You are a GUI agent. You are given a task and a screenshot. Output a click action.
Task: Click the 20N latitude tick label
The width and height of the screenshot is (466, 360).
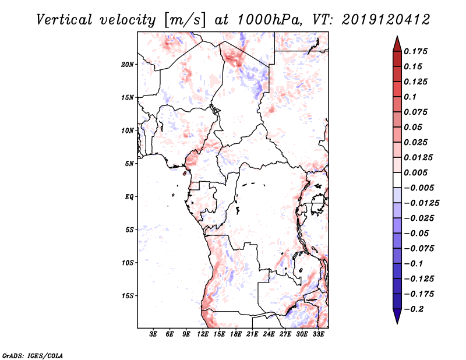128,64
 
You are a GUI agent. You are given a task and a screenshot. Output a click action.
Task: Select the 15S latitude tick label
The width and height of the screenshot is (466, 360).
128,295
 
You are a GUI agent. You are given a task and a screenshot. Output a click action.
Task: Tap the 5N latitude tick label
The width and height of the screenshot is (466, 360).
130,163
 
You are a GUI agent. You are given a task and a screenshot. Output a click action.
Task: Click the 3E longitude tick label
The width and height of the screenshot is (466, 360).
154,335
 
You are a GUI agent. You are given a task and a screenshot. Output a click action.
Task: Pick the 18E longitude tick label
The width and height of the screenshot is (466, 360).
236,335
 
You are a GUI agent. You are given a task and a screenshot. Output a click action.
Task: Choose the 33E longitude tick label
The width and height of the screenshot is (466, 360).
318,335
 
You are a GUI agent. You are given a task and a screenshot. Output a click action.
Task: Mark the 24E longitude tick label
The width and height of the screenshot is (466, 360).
269,335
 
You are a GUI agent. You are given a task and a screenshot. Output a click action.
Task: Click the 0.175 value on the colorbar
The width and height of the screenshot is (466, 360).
417,51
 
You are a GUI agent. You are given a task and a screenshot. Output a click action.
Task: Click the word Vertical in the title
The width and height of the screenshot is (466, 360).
63,19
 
